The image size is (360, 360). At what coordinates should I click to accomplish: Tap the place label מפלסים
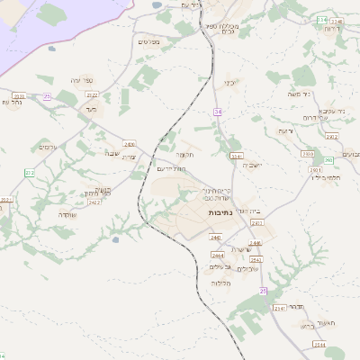(x=149, y=41)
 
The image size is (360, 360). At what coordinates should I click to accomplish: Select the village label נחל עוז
(x=13, y=102)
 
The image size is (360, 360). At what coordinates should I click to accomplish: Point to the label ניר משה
(x=319, y=94)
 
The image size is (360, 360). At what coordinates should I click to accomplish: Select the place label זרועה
(x=286, y=131)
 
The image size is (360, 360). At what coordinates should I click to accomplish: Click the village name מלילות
(x=221, y=283)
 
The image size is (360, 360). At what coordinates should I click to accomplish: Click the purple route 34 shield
(x=217, y=111)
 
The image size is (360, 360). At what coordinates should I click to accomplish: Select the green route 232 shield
(x=29, y=172)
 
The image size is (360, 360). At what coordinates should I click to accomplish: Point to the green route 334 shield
(x=322, y=19)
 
